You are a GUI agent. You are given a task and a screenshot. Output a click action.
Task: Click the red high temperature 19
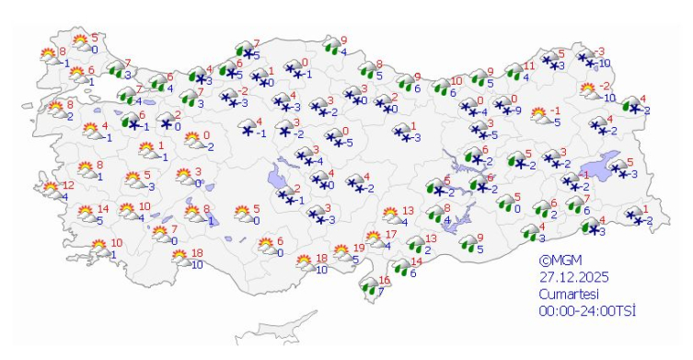coord(359,249)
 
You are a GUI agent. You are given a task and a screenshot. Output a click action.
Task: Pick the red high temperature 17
coord(390,235)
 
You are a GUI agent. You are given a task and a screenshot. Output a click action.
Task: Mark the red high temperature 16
coord(386,281)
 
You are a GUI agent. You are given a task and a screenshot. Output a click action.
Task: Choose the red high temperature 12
coord(68,185)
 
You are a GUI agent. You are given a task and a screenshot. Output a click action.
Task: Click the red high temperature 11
coord(528,66)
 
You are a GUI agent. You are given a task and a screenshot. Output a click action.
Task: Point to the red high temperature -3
coord(600,52)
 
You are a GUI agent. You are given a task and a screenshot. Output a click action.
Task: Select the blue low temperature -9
coord(518,110)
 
